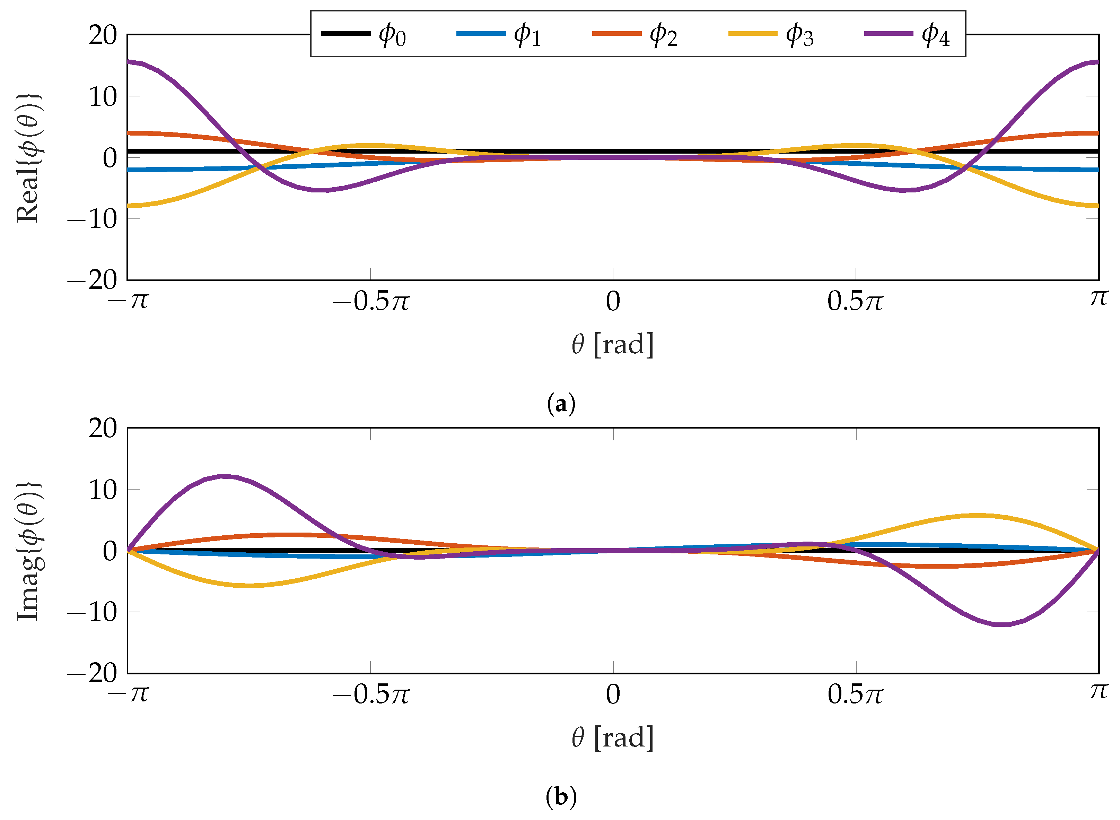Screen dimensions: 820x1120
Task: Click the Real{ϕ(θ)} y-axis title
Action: pyautogui.click(x=29, y=158)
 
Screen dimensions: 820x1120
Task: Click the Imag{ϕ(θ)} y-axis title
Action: pyautogui.click(x=29, y=551)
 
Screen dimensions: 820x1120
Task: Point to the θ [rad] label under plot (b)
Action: pyautogui.click(x=613, y=737)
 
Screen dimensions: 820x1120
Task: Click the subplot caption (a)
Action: pyautogui.click(x=561, y=404)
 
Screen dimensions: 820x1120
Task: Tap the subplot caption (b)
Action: pyautogui.click(x=561, y=797)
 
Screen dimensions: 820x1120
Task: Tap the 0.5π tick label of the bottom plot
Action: pyautogui.click(x=855, y=694)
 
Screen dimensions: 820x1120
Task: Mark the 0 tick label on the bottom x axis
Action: pyautogui.click(x=613, y=694)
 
